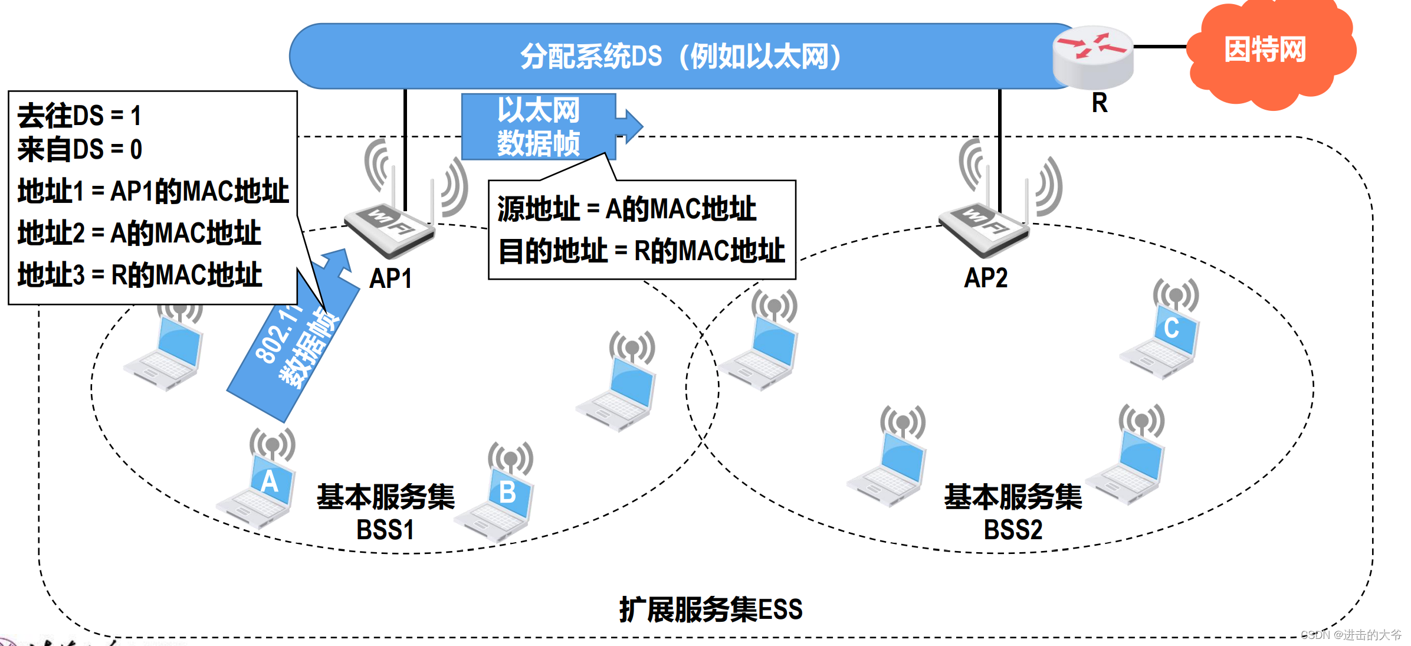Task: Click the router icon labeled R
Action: pyautogui.click(x=1092, y=58)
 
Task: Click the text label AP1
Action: pyautogui.click(x=391, y=278)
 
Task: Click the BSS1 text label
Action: pyautogui.click(x=385, y=530)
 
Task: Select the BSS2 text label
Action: pyautogui.click(x=1013, y=530)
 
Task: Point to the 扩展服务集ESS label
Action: pyautogui.click(x=711, y=609)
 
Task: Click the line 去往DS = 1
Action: pyautogui.click(x=80, y=116)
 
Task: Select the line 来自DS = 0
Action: pyautogui.click(x=80, y=149)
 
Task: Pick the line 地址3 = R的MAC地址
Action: pyautogui.click(x=140, y=275)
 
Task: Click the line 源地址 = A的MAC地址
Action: pyautogui.click(x=626, y=209)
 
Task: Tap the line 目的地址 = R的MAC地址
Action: pyautogui.click(x=642, y=251)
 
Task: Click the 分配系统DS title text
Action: pyautogui.click(x=681, y=57)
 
